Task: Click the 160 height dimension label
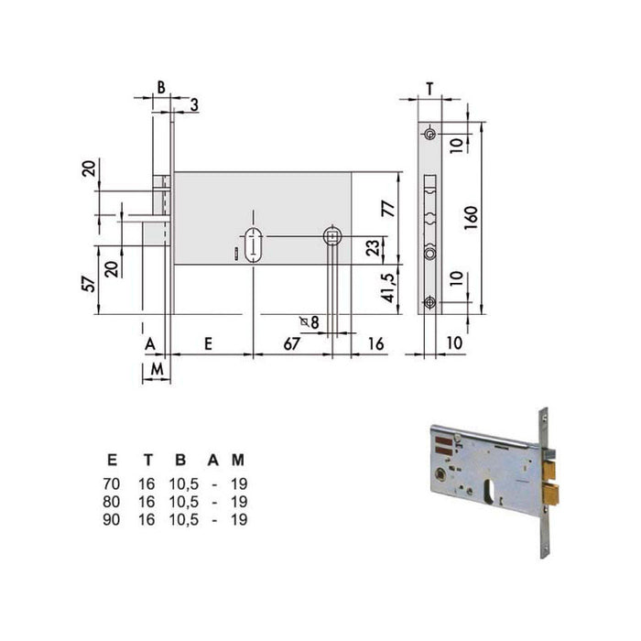(x=471, y=218)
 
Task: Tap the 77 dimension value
(x=389, y=209)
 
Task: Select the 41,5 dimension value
(x=389, y=288)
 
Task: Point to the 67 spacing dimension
(x=292, y=343)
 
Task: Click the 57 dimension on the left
(x=89, y=284)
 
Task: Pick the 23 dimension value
(x=373, y=248)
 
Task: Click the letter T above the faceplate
(x=429, y=88)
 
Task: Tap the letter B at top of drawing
(x=161, y=87)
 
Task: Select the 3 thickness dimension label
(x=194, y=105)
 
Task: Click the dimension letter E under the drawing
(x=208, y=343)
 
